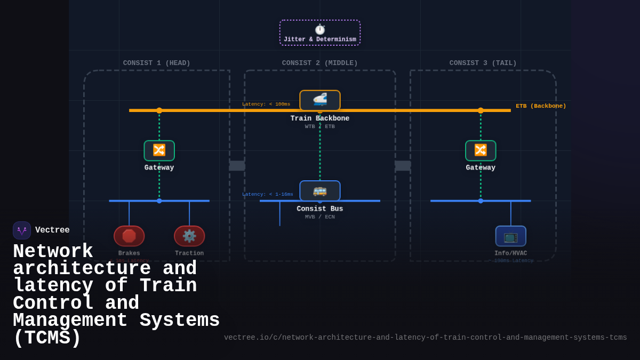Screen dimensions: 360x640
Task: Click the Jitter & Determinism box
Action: pos(320,33)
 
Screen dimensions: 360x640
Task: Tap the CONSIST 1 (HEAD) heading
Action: pos(156,63)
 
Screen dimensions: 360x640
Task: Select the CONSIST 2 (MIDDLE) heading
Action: pos(320,63)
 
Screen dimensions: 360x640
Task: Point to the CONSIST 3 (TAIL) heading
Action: pos(483,63)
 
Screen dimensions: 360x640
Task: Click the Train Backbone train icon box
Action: pos(320,100)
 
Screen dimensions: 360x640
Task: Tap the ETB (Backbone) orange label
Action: pos(541,106)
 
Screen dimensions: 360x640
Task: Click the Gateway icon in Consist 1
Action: pos(159,150)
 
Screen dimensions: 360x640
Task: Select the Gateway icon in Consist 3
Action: pos(481,150)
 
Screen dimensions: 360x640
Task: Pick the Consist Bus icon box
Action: pos(320,190)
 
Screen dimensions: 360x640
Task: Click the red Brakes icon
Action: pos(129,236)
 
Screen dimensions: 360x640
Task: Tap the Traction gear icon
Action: pos(189,236)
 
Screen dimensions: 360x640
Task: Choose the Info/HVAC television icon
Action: pos(510,236)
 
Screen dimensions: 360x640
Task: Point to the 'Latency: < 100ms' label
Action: pos(266,104)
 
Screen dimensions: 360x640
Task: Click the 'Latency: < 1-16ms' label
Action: pos(268,194)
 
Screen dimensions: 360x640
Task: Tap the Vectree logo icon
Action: pos(22,230)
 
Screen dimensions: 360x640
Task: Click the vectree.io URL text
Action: pos(425,338)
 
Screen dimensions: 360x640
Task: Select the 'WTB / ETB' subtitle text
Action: pos(320,126)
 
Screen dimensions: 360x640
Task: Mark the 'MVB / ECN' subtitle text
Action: pos(320,217)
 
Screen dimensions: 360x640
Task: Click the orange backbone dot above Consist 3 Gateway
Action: pos(481,110)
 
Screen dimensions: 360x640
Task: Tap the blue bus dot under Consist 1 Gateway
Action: pos(159,201)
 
